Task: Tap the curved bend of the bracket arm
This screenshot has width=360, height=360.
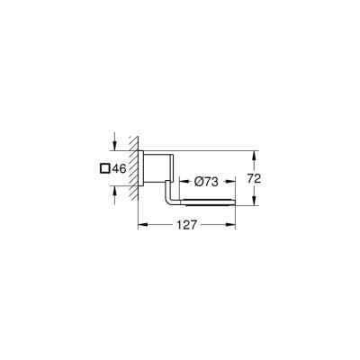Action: [171, 198]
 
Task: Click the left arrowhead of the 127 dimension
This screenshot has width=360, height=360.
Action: [140, 229]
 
